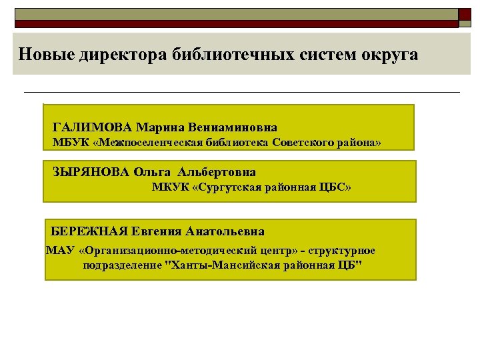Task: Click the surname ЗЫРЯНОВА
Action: pos(91,171)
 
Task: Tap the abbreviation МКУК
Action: pos(169,187)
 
